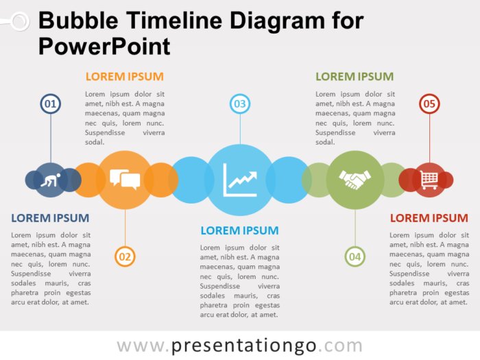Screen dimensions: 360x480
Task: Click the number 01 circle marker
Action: click(x=50, y=104)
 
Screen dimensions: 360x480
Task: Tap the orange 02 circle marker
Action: click(x=125, y=257)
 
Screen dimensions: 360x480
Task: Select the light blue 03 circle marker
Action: click(x=239, y=104)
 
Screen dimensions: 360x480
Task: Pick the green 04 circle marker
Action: click(x=355, y=257)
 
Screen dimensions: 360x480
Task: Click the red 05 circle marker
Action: click(x=429, y=104)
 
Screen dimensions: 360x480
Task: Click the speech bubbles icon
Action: click(x=125, y=180)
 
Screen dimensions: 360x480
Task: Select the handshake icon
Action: click(x=355, y=180)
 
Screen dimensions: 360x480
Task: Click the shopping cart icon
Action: click(x=429, y=180)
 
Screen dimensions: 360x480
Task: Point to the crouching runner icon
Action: click(x=51, y=180)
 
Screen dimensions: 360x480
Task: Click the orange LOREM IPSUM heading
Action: click(x=124, y=77)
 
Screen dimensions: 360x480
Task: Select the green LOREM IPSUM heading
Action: click(x=354, y=77)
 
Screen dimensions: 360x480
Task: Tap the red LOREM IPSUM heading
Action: click(x=429, y=218)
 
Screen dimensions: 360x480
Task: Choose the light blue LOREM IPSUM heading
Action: click(x=239, y=230)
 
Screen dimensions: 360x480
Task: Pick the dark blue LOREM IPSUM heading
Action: click(x=50, y=218)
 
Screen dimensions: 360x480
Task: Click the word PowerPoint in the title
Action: click(x=104, y=46)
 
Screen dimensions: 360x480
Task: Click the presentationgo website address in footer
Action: click(x=239, y=345)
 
